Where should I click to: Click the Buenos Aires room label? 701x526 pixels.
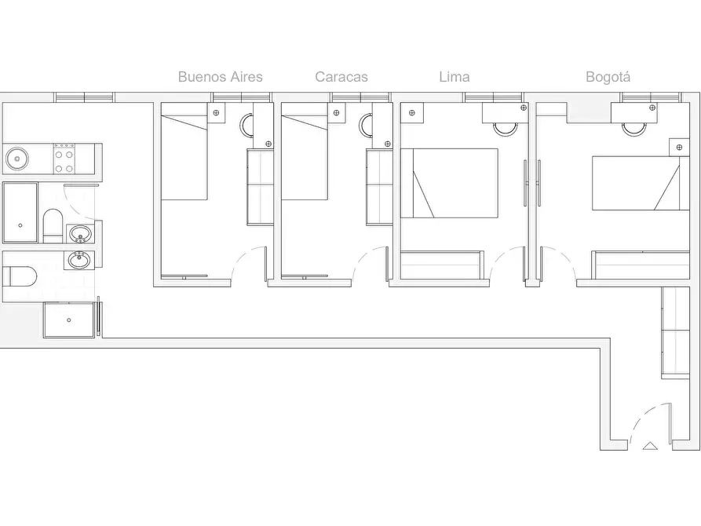[x=220, y=76]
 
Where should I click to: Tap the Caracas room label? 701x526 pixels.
[x=341, y=76]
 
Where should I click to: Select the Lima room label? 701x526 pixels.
[x=455, y=76]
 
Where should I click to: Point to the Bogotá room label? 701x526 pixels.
[x=608, y=76]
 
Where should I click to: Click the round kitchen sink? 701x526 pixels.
[x=17, y=159]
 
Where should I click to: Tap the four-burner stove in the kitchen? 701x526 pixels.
[x=64, y=159]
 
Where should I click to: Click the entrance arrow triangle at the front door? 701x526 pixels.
[x=650, y=445]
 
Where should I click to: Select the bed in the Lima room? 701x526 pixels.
[x=449, y=184]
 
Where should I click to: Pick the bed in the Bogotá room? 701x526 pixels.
[x=641, y=184]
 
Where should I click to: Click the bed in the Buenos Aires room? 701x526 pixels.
[x=184, y=152]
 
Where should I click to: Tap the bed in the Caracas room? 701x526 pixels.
[x=305, y=152]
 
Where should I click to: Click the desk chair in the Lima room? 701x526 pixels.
[x=505, y=129]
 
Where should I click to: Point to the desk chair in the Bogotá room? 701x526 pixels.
[x=634, y=129]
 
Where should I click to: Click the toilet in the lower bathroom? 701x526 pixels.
[x=19, y=276]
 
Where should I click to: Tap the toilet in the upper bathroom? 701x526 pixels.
[x=53, y=225]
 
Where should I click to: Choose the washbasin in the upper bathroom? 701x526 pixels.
[x=81, y=234]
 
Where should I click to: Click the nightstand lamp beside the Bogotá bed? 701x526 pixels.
[x=679, y=147]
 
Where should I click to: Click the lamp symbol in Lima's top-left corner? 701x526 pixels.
[x=412, y=113]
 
